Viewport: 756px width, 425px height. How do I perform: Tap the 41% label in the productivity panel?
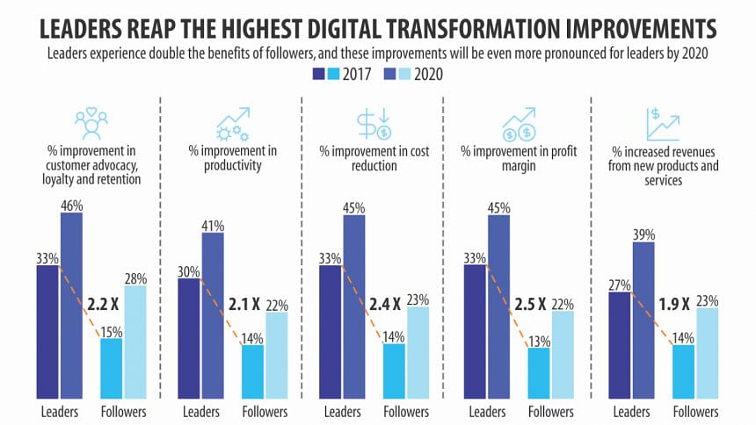[x=212, y=224]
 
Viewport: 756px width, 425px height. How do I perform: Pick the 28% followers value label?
[x=135, y=277]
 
